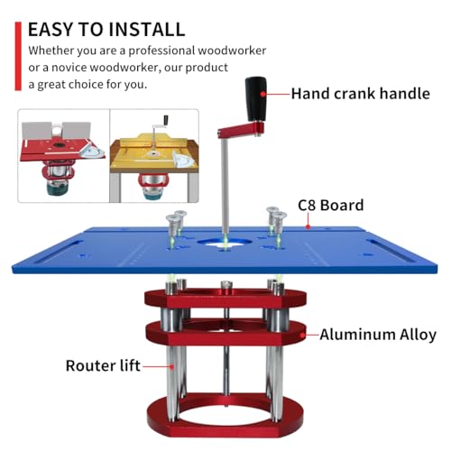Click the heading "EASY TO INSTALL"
[106, 28]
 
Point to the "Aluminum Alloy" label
[377, 335]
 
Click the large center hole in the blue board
[221, 243]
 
